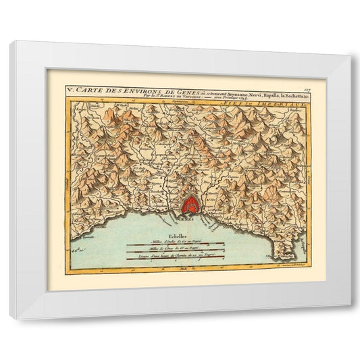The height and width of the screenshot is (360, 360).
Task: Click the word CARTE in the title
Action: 89,89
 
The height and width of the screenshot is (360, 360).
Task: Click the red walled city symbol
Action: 191,203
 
